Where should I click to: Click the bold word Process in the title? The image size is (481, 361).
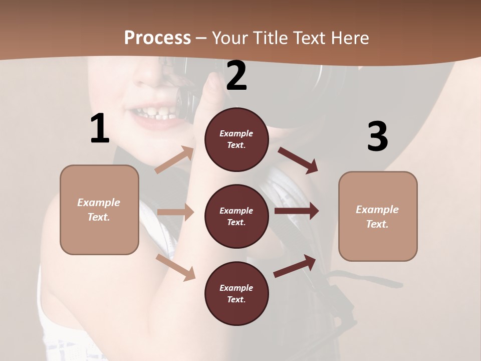pos(157,38)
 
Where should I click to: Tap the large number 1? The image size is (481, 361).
pos(100,128)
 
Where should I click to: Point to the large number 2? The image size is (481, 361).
pos(236,76)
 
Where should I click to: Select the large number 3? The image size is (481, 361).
pos(377,136)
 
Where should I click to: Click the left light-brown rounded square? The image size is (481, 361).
pos(99,210)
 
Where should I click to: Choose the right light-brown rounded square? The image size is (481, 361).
pos(378,216)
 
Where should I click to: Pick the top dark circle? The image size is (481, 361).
pos(236,139)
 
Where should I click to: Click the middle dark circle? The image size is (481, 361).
pos(236,216)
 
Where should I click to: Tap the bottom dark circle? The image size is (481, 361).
pos(236,293)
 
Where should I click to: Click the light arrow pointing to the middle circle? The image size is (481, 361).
pos(175,212)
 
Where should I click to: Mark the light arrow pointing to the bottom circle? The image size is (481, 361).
pos(176,267)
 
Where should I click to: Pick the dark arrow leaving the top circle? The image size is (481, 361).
pos(298,160)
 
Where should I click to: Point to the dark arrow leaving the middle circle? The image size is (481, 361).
pos(297,211)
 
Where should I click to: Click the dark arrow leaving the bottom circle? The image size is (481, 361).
pos(295,265)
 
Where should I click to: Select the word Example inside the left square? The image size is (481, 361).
pos(99,203)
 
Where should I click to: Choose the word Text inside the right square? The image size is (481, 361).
pos(377,224)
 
